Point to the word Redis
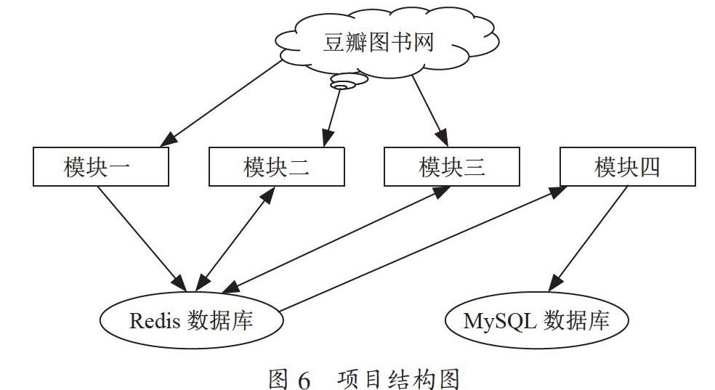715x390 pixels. point(155,321)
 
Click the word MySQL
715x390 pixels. point(500,321)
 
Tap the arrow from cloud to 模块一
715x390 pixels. point(221,103)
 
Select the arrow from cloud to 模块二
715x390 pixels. point(331,118)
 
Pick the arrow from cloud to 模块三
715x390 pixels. point(430,110)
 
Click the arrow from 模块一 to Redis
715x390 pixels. point(142,239)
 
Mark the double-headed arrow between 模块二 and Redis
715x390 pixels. point(235,239)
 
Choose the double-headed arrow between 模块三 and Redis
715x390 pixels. point(336,239)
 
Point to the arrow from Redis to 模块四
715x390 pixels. point(423,249)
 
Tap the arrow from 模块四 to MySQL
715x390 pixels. point(587,239)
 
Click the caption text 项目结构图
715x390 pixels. point(398,379)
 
